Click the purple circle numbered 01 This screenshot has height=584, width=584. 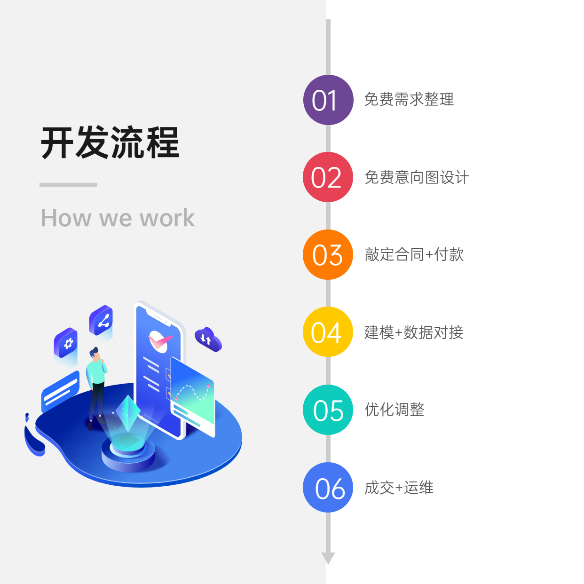point(328,100)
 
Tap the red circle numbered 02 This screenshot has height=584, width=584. point(328,177)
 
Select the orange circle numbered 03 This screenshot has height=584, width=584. point(328,255)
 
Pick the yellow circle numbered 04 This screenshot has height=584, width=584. point(328,332)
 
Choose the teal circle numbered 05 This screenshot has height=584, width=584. point(328,410)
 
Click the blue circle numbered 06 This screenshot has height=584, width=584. point(328,488)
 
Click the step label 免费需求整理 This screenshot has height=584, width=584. point(409,100)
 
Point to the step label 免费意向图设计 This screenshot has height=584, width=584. point(417,177)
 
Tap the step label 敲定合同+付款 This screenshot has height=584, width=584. point(414,255)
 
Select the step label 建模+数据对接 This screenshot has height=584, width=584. point(414,332)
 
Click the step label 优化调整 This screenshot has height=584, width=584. point(395,410)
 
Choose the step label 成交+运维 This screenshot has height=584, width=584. point(399,488)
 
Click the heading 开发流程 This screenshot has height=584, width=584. point(110,142)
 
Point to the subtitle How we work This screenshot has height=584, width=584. point(118,218)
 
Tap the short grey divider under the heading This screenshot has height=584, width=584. point(68,185)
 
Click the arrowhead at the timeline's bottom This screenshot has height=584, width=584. point(328,558)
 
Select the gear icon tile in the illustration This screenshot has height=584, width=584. point(67,343)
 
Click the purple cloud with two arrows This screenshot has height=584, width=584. point(207,339)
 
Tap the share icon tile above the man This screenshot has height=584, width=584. point(102,321)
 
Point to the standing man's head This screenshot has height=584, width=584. point(95,353)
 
